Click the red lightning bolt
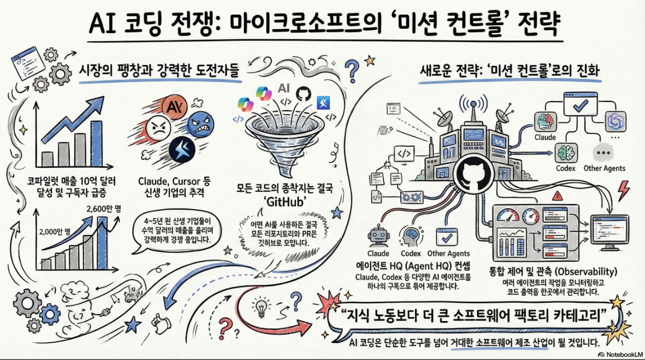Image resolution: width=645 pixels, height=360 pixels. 623,190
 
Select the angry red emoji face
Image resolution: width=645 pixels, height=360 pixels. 157,128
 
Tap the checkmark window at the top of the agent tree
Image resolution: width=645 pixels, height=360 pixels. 580,106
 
